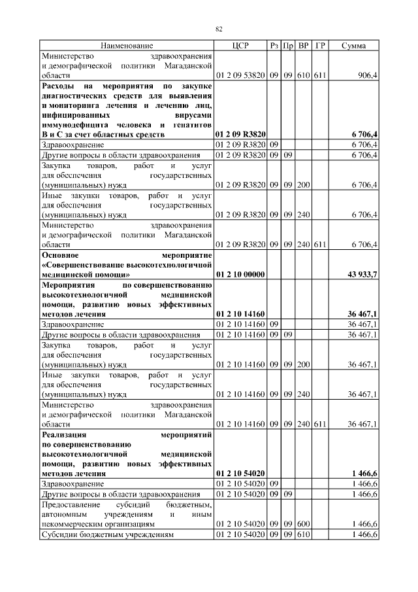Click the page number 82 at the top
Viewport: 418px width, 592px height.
[219, 29]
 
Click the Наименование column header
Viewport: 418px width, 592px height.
[126, 46]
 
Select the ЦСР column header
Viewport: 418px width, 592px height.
[240, 46]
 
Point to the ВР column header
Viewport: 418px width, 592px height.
[303, 46]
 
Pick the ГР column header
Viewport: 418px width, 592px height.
[319, 46]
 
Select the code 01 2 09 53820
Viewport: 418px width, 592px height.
[240, 75]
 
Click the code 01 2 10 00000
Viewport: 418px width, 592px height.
[240, 275]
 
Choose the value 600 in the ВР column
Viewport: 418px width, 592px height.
[303, 524]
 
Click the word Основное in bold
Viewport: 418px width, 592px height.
[61, 255]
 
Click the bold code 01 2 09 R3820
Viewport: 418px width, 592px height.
[240, 134]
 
